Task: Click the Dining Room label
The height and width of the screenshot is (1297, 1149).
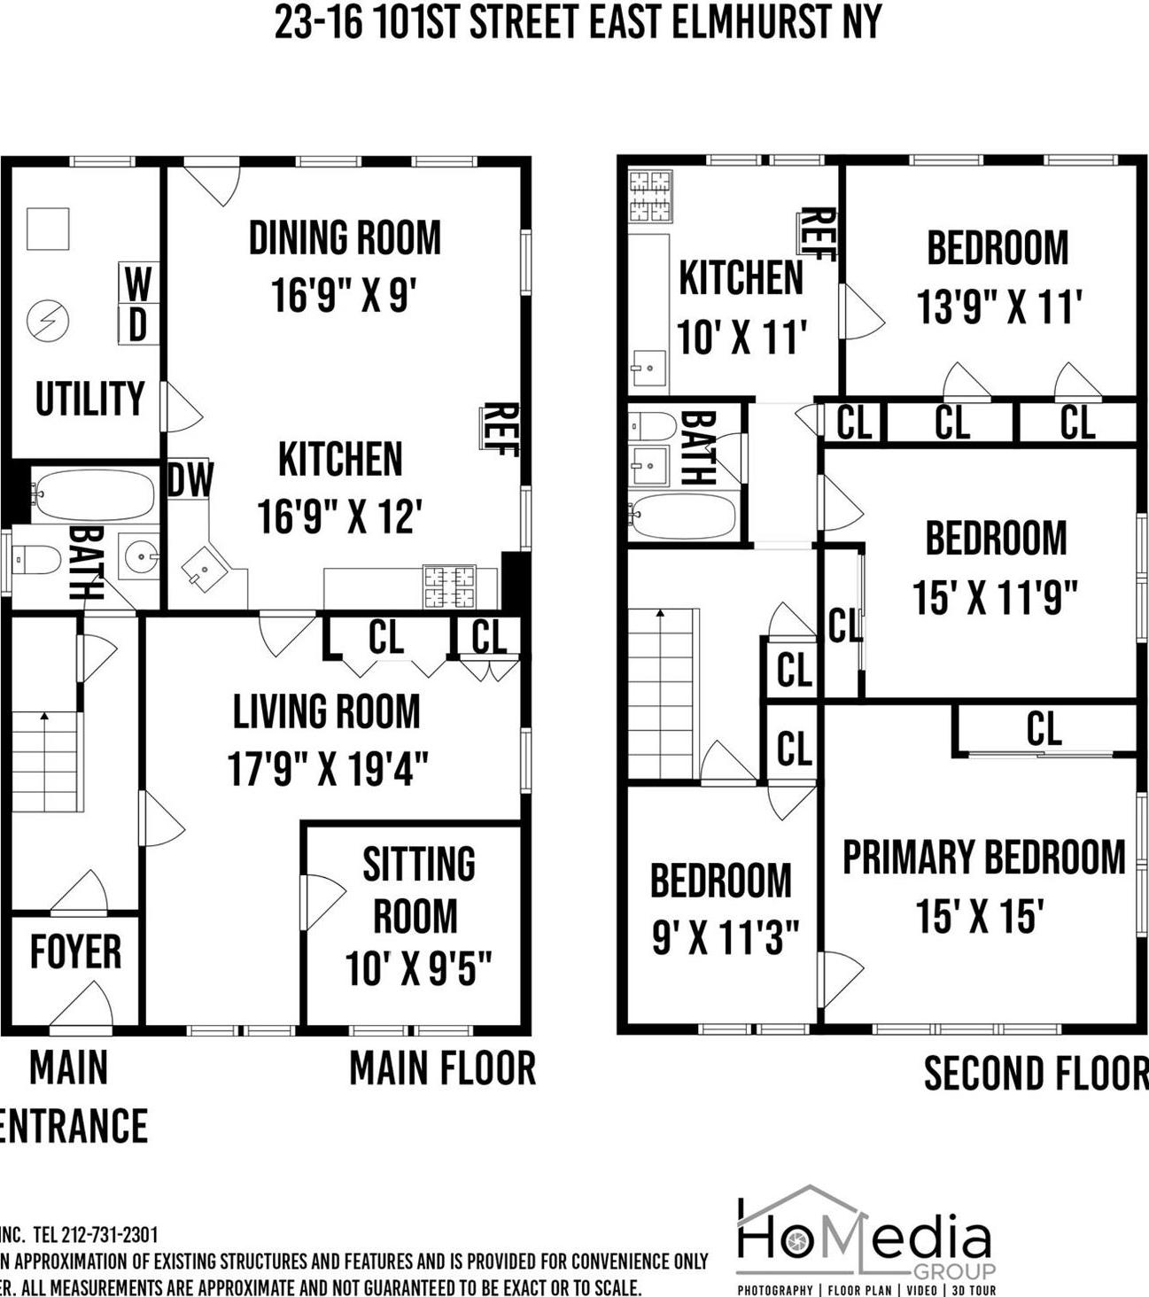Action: [x=345, y=238]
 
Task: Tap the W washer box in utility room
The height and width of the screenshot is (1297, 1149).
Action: [x=138, y=284]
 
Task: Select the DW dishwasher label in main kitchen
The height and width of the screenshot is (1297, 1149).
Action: [x=190, y=480]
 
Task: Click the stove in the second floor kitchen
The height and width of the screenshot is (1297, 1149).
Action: [x=649, y=196]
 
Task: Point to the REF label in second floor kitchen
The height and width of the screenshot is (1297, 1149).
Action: [x=817, y=234]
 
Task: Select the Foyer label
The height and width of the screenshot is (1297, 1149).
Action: [x=75, y=952]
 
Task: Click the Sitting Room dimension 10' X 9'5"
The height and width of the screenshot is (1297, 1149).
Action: [x=418, y=968]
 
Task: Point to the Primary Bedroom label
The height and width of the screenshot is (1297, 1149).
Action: [x=983, y=858]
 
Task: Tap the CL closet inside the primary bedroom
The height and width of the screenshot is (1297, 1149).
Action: [x=1044, y=729]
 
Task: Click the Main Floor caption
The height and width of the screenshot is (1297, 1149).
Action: [x=442, y=1068]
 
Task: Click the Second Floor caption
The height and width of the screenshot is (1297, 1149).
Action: [x=1035, y=1073]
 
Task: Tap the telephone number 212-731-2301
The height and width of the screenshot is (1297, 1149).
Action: [x=108, y=1234]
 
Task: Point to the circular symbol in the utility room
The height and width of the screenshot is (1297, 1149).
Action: [x=48, y=321]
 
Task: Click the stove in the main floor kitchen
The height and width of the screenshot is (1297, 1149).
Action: [x=448, y=586]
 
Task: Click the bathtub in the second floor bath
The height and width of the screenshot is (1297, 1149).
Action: [x=683, y=516]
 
